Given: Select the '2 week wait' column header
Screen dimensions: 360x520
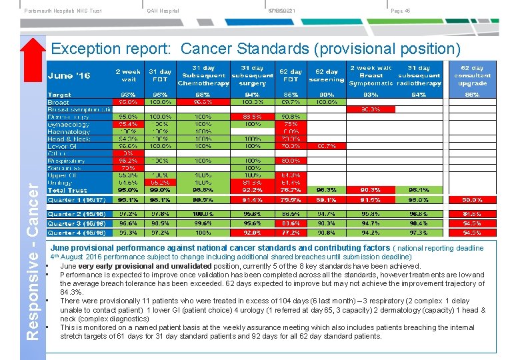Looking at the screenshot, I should [127, 75].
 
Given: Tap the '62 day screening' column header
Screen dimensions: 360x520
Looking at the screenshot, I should [327, 75].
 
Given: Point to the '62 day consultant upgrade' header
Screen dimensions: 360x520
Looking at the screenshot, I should [472, 75].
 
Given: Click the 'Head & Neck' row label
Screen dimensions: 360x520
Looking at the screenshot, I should [69, 139].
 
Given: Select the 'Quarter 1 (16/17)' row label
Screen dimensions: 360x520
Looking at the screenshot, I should [76, 199].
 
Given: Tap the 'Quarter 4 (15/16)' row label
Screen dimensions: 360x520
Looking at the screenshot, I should [76, 233].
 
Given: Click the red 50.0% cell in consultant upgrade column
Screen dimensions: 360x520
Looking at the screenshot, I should [472, 199].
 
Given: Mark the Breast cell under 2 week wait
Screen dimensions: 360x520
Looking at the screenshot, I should [127, 102].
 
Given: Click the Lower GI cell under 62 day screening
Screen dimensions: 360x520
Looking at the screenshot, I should [327, 146].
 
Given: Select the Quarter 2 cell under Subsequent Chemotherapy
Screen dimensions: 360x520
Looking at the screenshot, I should [203, 214].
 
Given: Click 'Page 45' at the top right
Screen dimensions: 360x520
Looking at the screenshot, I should [400, 10].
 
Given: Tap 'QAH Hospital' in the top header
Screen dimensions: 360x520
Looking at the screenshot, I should [163, 10].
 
